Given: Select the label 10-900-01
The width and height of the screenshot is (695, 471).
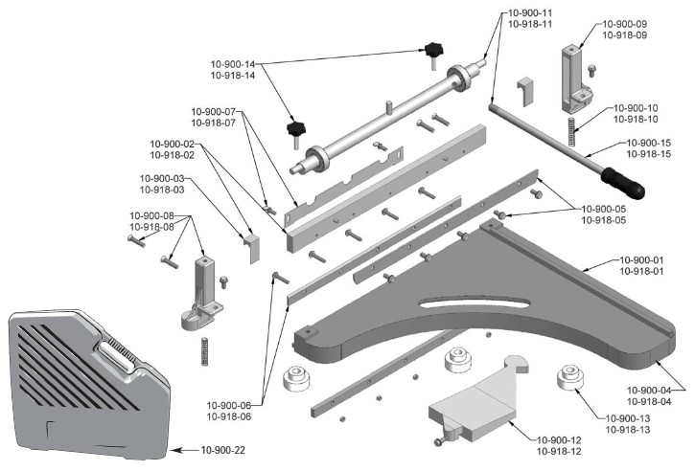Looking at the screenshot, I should click(x=637, y=260).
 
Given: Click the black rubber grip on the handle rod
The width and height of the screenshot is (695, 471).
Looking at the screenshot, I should click(x=622, y=182).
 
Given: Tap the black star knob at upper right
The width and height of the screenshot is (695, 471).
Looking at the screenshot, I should click(x=437, y=52).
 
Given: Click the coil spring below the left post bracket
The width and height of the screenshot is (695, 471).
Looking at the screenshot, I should click(x=204, y=349).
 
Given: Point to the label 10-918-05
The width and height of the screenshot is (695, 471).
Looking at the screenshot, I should click(x=610, y=219).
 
